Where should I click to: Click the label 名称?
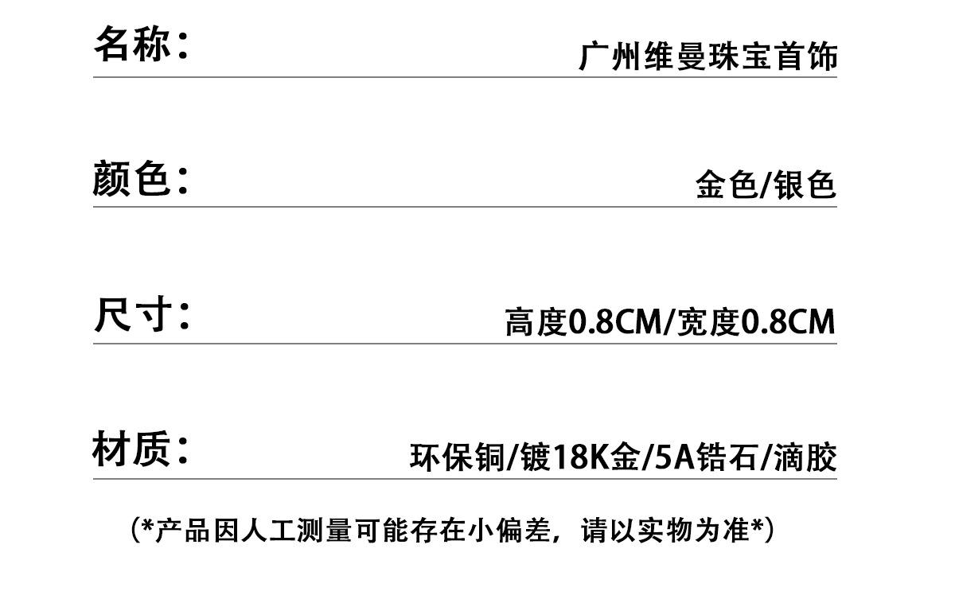click(133, 44)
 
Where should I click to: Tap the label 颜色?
click(131, 178)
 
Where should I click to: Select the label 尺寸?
click(133, 314)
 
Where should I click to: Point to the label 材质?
click(131, 449)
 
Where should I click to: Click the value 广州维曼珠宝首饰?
click(708, 56)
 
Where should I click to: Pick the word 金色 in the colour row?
click(727, 185)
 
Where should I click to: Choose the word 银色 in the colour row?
click(805, 185)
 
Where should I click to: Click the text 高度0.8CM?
click(583, 321)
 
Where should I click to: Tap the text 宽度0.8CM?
click(756, 321)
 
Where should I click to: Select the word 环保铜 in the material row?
click(458, 457)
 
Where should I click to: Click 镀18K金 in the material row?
click(580, 457)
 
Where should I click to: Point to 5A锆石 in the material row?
click(707, 457)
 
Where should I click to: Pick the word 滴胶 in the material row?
click(805, 457)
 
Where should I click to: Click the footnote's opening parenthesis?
click(136, 531)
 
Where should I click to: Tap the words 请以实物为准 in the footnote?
click(665, 531)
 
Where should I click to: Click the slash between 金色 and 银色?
click(766, 185)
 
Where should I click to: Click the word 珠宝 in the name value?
click(741, 56)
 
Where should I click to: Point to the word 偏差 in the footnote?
click(523, 531)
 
